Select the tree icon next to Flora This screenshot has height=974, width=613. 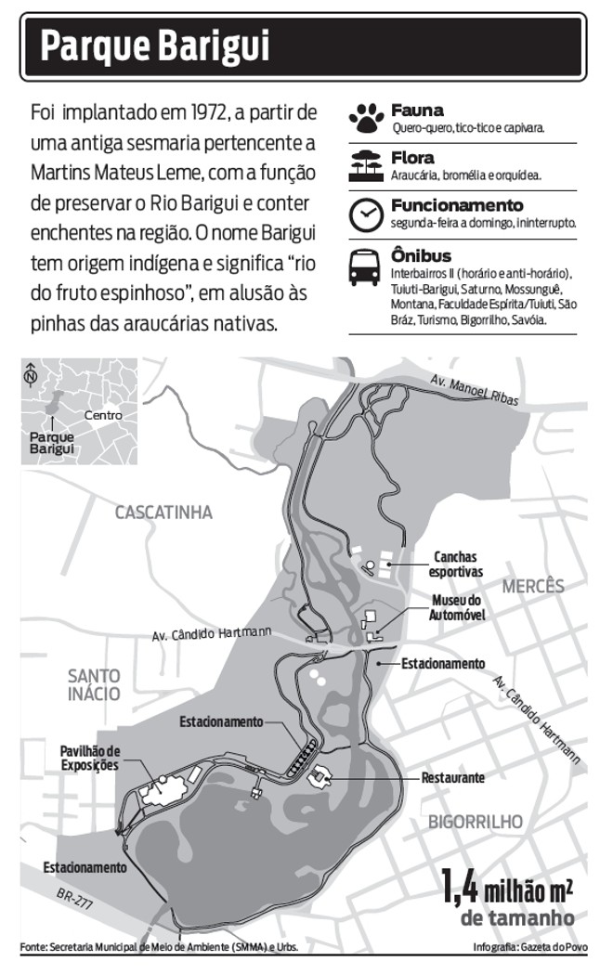366,165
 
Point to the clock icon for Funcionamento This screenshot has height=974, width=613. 366,214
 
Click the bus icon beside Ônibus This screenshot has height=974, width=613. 366,267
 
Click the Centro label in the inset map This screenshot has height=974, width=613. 103,415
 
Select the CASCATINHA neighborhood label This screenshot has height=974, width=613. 163,513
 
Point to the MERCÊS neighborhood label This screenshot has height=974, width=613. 533,587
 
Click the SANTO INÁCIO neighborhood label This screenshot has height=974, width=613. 94,683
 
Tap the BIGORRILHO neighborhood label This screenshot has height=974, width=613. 476,821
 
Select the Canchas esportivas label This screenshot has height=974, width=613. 455,565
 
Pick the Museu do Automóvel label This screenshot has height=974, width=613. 458,607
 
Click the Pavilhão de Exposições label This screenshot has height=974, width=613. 90,758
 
